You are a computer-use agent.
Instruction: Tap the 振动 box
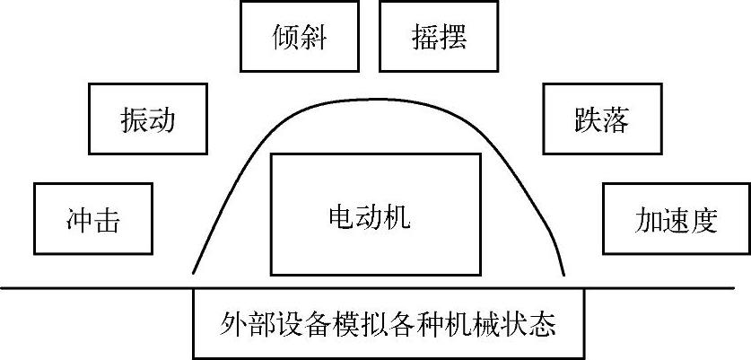pyautogui.click(x=147, y=120)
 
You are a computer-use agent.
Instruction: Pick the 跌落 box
pyautogui.click(x=601, y=120)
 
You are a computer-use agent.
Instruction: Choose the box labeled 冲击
pyautogui.click(x=91, y=218)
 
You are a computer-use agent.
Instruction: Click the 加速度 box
pyautogui.click(x=676, y=218)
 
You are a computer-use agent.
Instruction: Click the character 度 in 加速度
pyautogui.click(x=705, y=219)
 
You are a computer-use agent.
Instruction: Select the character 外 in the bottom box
pyautogui.click(x=231, y=322)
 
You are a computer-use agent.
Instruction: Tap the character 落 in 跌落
pyautogui.click(x=616, y=120)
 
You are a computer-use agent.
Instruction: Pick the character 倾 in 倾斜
pyautogui.click(x=285, y=38)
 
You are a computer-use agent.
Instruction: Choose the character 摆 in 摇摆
pyautogui.click(x=452, y=38)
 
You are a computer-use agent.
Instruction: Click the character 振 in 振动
pyautogui.click(x=133, y=120)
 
